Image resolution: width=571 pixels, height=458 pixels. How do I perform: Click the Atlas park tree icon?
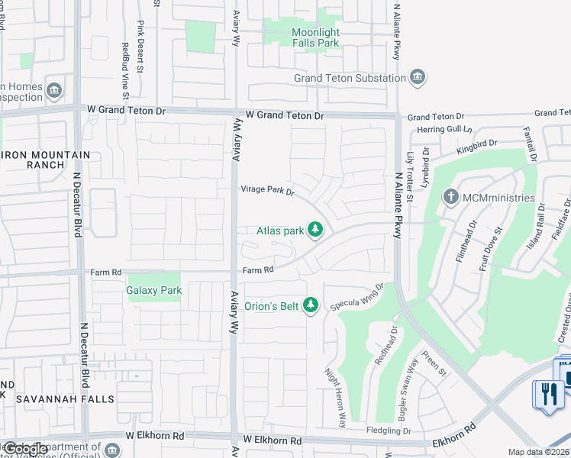click(315, 230)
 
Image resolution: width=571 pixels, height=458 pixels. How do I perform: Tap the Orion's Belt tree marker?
click(310, 305)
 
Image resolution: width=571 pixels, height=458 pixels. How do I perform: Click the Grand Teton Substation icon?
click(418, 77)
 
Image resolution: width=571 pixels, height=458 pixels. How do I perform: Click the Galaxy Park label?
click(154, 290)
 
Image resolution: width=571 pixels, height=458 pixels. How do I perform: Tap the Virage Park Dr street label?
click(268, 190)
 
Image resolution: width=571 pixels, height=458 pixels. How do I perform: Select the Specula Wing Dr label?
click(356, 298)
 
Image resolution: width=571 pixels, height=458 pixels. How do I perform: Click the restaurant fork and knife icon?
click(549, 393)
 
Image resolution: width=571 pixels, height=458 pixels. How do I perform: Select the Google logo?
click(24, 449)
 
